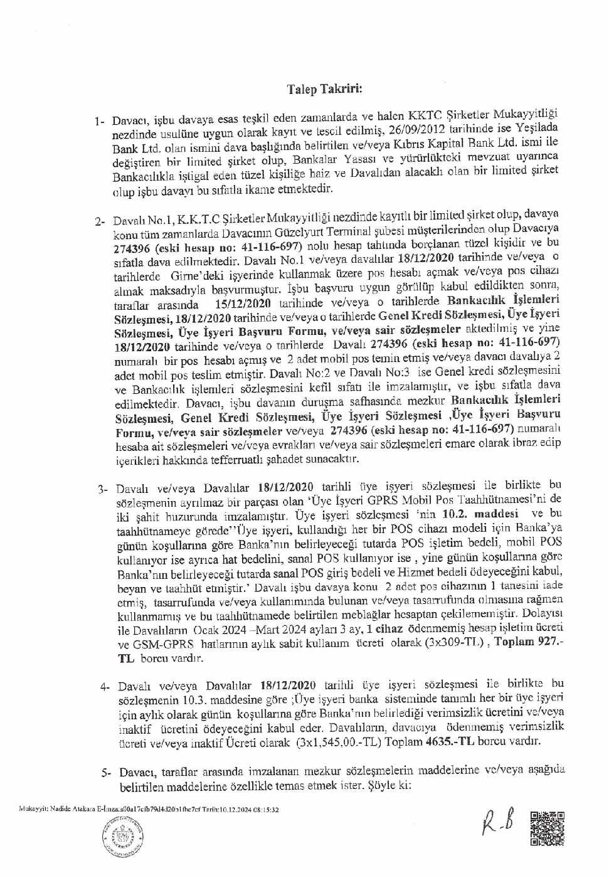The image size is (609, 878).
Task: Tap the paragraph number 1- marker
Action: coord(100,120)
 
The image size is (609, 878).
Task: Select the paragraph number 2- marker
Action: coord(101,221)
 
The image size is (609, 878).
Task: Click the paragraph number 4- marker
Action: coord(104,687)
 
